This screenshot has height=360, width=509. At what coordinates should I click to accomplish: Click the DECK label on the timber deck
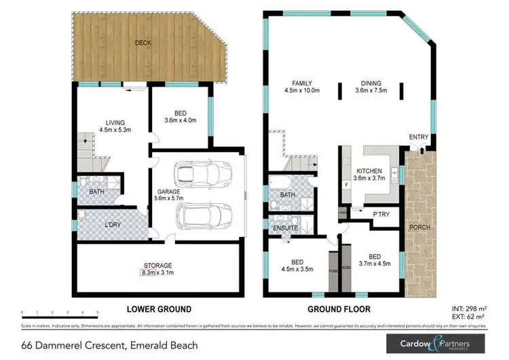143,43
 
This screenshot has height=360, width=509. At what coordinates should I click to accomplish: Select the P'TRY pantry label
380,214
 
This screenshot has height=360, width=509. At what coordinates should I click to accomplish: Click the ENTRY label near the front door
419,137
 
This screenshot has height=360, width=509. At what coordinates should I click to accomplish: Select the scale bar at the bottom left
61,314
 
